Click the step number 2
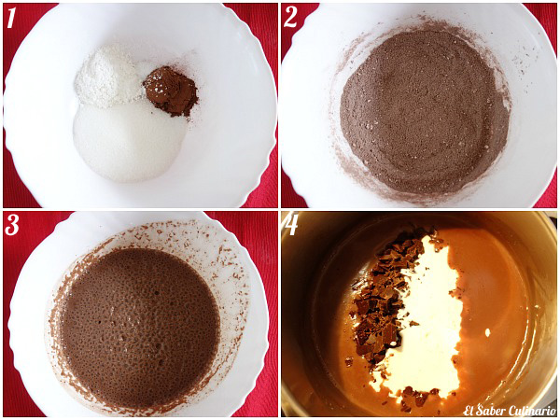coord(292,18)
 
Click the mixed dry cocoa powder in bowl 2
coord(423,112)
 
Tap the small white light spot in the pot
coord(487,332)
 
